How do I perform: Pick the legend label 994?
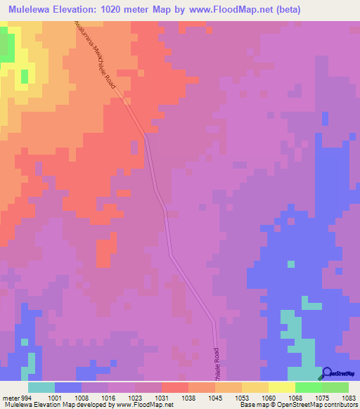[26, 397]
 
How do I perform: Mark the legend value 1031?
[162, 397]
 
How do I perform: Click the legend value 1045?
[215, 397]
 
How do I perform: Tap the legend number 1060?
[268, 397]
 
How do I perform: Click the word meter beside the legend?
[10, 397]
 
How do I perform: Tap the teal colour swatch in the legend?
[41, 387]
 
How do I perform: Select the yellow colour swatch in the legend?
[282, 387]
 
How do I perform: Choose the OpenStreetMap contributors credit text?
[320, 405]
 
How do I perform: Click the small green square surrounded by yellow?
[25, 76]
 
